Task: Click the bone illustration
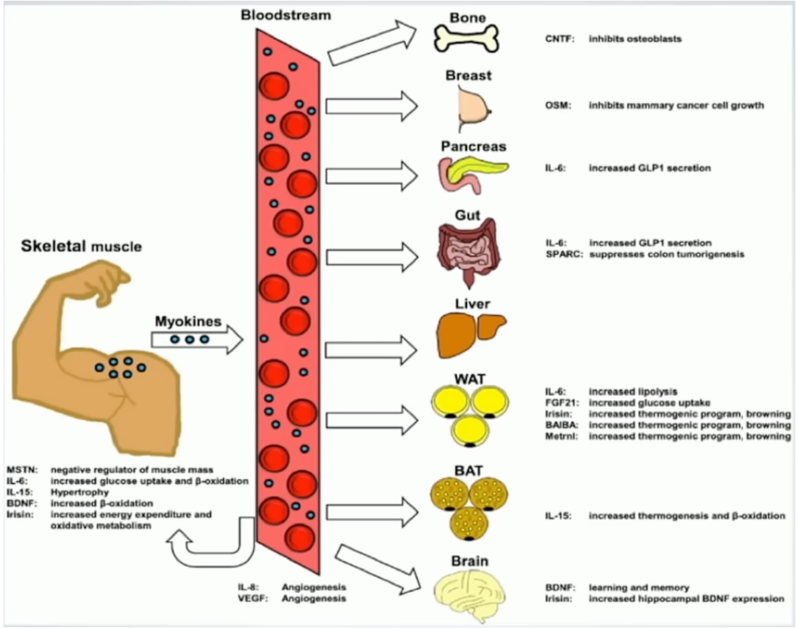[466, 38]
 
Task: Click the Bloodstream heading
[286, 15]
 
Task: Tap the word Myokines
[188, 321]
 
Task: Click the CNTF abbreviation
[560, 39]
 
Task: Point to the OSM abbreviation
[558, 105]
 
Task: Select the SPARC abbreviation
[564, 254]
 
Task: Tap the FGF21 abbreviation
[562, 403]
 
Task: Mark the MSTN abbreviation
[22, 470]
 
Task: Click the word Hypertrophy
[80, 492]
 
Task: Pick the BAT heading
[468, 471]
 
